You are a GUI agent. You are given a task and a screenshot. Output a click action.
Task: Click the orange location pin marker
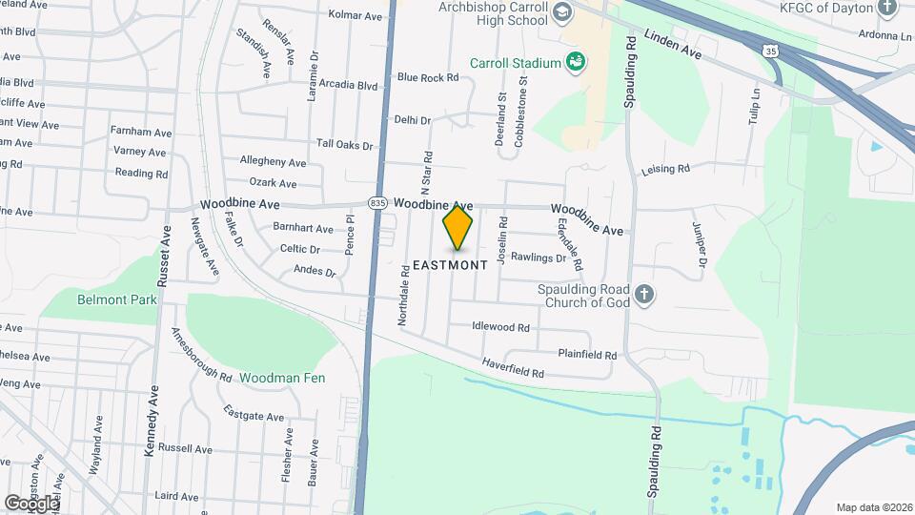click(457, 227)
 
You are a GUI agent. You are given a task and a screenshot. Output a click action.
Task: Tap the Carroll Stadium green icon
click(575, 63)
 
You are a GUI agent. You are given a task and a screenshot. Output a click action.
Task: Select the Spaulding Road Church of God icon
click(644, 295)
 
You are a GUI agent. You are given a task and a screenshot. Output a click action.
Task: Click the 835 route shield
click(378, 204)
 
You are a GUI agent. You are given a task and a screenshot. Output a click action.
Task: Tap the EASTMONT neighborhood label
click(451, 264)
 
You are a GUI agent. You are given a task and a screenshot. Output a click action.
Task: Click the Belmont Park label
click(117, 299)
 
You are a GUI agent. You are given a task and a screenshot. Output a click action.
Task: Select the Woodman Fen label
click(282, 378)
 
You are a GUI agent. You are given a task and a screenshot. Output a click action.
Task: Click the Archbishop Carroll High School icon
click(561, 12)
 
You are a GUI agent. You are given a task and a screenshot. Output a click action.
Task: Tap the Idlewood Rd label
click(500, 326)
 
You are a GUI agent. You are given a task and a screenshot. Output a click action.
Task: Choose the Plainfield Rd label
click(587, 354)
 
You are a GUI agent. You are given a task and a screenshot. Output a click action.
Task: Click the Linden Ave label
click(673, 46)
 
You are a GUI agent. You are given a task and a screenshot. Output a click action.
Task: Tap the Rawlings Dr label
click(539, 257)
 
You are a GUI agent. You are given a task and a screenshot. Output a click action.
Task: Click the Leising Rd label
click(665, 169)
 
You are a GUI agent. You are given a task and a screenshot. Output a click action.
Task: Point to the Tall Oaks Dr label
click(344, 145)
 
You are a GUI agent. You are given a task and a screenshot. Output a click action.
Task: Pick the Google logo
click(31, 503)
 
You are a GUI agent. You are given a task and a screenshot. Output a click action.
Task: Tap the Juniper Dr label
click(701, 245)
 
